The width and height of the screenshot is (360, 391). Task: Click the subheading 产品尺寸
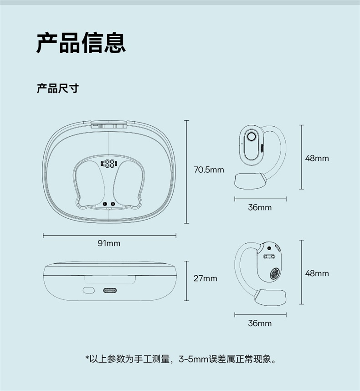(57, 88)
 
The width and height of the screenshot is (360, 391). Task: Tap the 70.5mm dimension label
(209, 170)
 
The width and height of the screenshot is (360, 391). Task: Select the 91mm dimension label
(109, 243)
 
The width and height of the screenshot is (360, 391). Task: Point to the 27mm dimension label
(206, 278)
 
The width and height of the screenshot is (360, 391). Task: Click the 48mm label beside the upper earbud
(317, 158)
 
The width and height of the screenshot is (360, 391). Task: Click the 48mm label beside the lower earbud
(317, 273)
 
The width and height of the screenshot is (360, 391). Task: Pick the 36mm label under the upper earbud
(260, 207)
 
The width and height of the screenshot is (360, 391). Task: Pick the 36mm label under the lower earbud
(260, 323)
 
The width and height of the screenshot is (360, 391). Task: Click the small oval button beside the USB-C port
(88, 290)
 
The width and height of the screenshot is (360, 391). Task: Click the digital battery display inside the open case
(109, 164)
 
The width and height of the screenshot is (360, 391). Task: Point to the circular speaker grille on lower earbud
(275, 275)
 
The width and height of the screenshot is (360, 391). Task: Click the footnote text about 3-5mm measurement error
(180, 359)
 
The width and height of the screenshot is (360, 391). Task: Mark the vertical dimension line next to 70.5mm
(186, 172)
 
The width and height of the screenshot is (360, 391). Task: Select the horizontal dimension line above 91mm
(109, 236)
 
